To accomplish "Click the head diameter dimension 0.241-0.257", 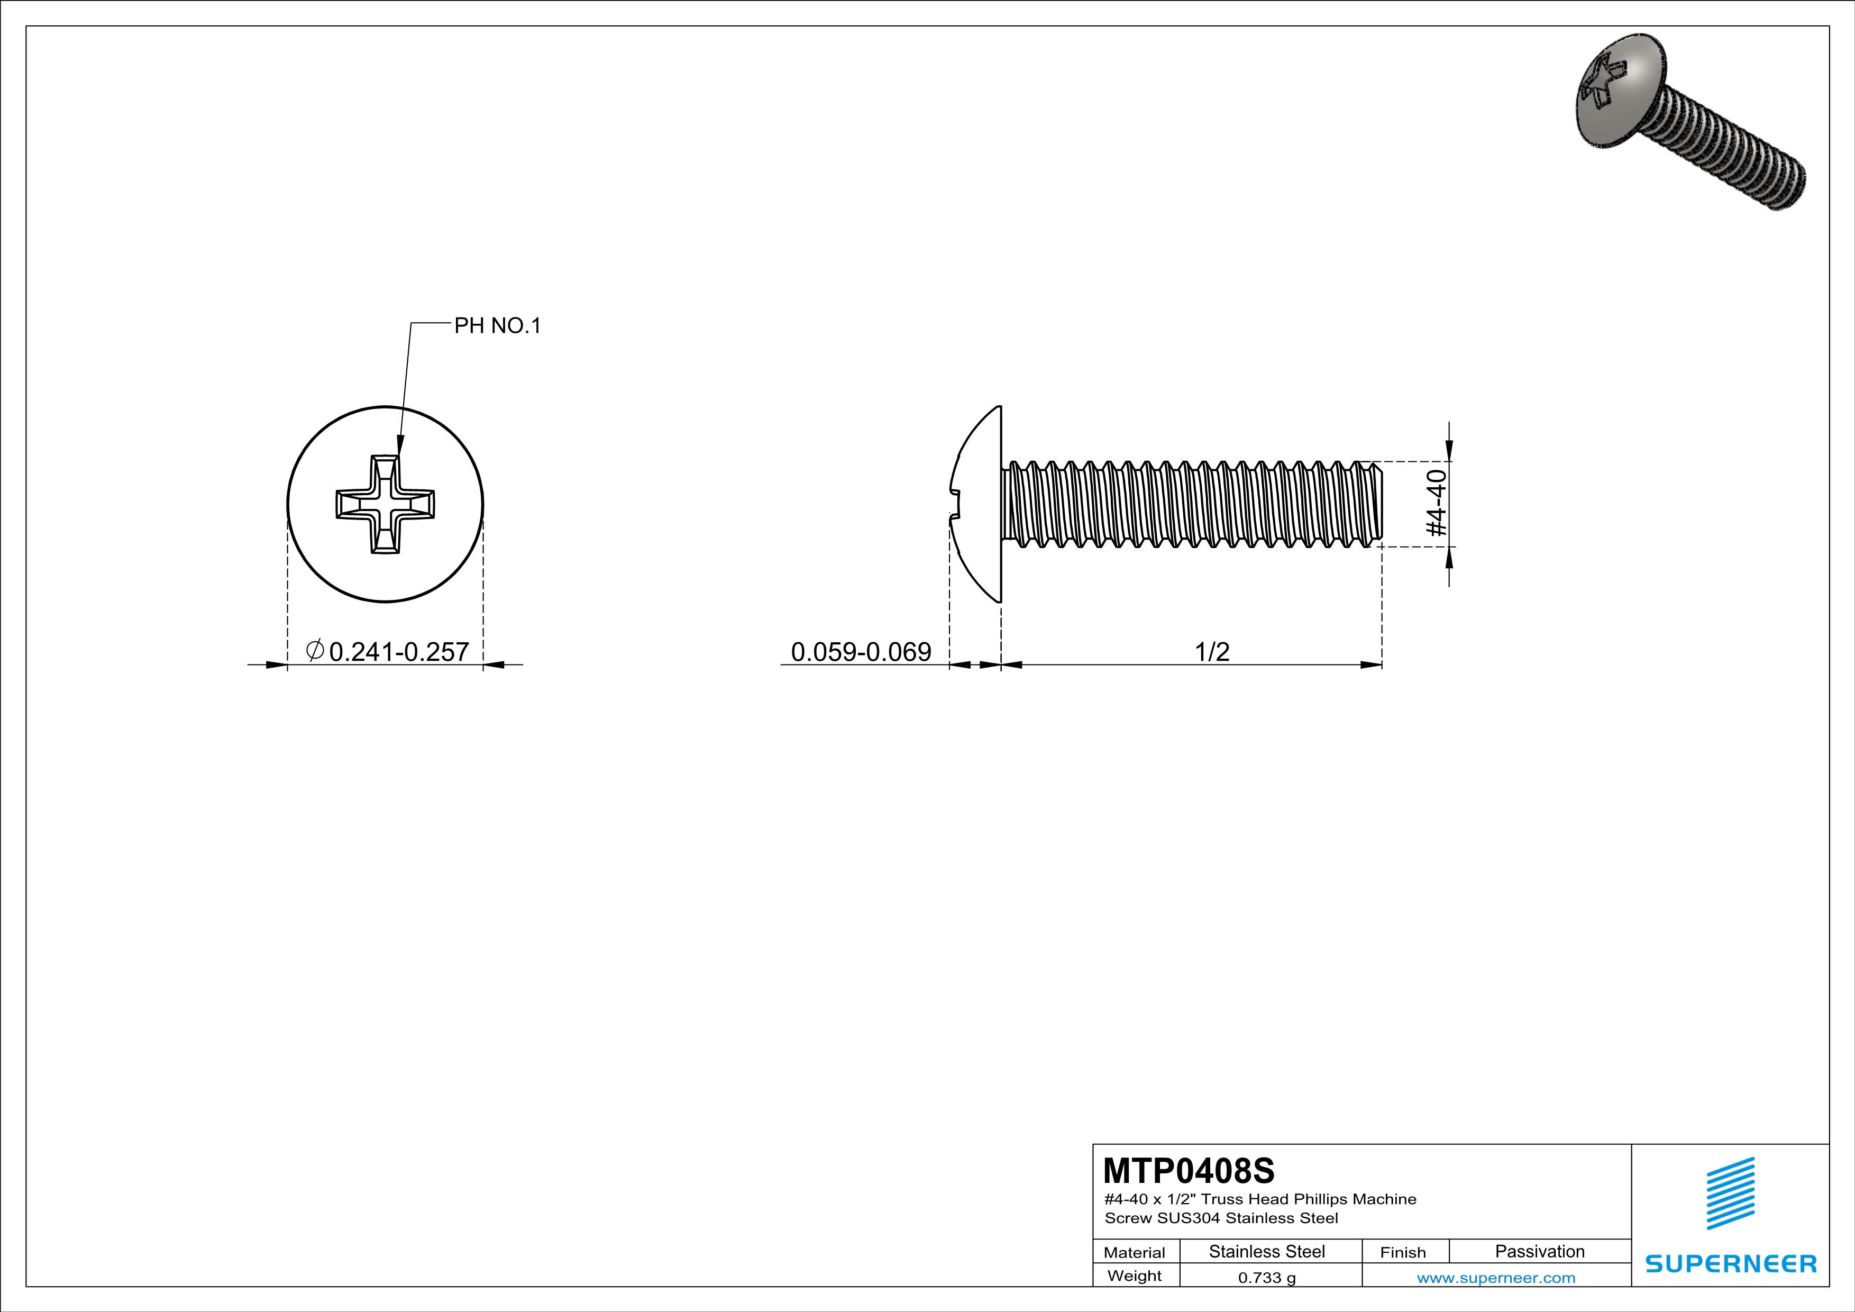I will pos(398,651).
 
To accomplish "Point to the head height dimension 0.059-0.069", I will pos(861,651).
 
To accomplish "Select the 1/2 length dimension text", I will pos(1212,651).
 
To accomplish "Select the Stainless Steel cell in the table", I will pos(1266,1251).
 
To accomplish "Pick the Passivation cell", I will pos(1539,1251).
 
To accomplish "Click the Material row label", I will pos(1135,1252).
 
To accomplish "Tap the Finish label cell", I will pos(1403,1252).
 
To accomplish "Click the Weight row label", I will pos(1135,1275).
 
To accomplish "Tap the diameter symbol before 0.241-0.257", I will pos(315,650).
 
